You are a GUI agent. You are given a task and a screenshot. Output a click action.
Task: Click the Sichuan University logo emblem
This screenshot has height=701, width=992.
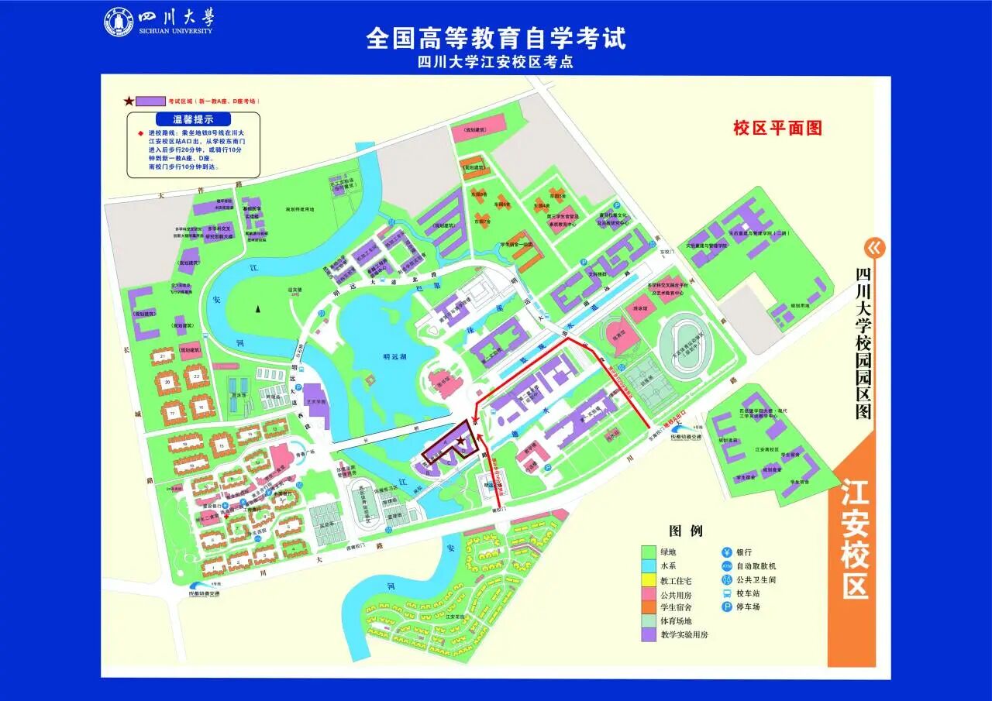(119, 22)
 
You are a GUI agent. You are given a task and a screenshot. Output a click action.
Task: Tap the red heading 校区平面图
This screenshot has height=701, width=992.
(777, 129)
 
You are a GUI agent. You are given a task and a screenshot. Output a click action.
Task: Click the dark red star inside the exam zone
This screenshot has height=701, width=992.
(461, 441)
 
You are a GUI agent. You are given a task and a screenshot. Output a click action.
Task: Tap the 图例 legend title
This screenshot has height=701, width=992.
(685, 531)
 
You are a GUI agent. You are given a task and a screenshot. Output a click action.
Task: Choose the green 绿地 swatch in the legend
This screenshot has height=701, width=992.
(649, 552)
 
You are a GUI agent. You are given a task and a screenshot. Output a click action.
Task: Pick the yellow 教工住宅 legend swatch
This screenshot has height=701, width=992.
(649, 580)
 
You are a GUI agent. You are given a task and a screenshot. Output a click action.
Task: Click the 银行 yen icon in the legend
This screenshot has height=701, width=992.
(726, 552)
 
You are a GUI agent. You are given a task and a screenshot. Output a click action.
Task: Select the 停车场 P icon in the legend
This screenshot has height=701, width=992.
(726, 607)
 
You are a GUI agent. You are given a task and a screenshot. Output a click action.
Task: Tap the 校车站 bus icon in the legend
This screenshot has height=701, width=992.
(726, 593)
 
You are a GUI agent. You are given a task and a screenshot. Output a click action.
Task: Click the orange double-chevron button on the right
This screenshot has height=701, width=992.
(875, 248)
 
